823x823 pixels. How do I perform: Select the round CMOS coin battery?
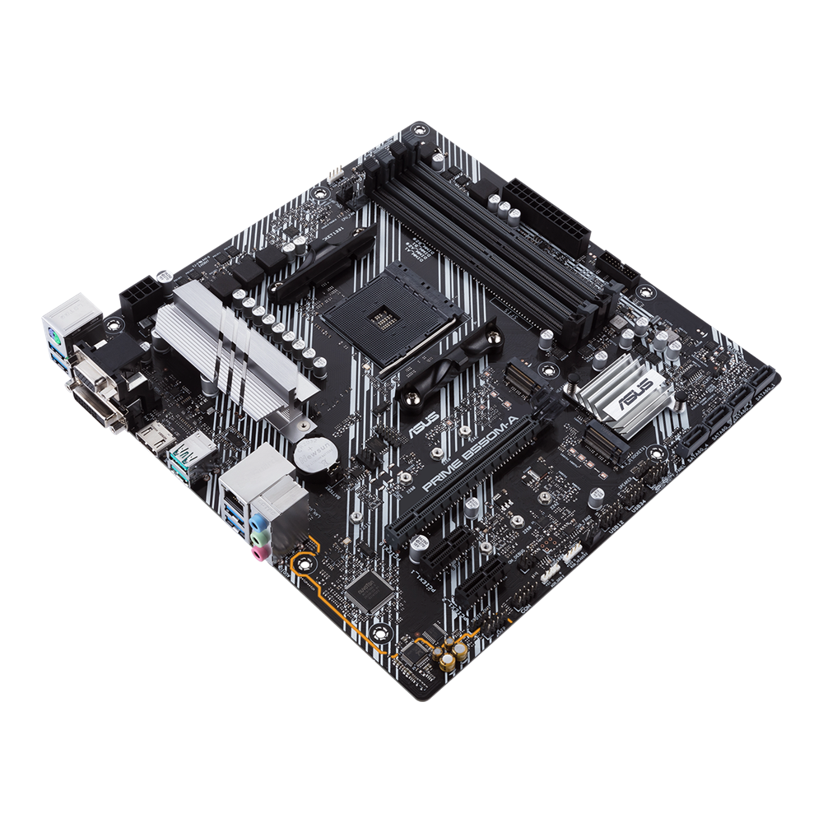click(x=314, y=452)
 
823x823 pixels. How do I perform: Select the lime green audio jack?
click(x=260, y=537)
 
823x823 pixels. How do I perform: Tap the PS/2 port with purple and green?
click(x=67, y=327)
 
